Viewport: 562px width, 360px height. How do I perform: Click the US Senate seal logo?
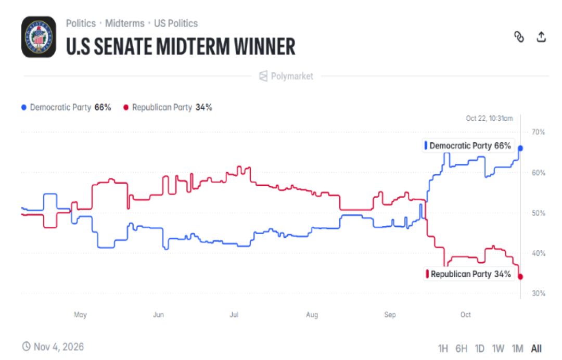point(39,37)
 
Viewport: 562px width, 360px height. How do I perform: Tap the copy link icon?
point(519,36)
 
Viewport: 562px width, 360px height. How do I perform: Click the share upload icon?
point(541,36)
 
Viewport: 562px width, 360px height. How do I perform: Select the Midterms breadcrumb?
point(125,23)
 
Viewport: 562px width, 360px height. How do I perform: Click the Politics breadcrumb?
point(81,23)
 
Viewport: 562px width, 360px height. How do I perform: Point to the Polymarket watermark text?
point(292,76)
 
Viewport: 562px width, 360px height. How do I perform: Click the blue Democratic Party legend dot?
point(24,108)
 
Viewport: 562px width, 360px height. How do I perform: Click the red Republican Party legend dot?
point(126,108)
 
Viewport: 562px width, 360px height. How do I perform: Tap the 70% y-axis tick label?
point(539,132)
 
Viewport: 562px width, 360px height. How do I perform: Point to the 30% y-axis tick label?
point(539,293)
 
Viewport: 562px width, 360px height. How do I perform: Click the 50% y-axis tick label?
point(539,213)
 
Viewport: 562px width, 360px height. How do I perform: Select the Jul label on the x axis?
point(234,315)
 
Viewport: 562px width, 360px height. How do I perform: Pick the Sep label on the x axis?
point(390,315)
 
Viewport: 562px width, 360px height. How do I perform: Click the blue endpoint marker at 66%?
point(520,148)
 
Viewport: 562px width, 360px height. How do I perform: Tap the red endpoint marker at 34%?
point(520,277)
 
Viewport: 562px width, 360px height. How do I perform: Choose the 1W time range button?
point(498,349)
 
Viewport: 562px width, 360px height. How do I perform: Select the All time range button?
point(537,349)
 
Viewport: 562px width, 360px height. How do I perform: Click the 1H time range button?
point(443,349)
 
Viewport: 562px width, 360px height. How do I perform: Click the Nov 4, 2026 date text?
point(59,347)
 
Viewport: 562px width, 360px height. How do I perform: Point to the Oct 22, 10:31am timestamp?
point(489,118)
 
